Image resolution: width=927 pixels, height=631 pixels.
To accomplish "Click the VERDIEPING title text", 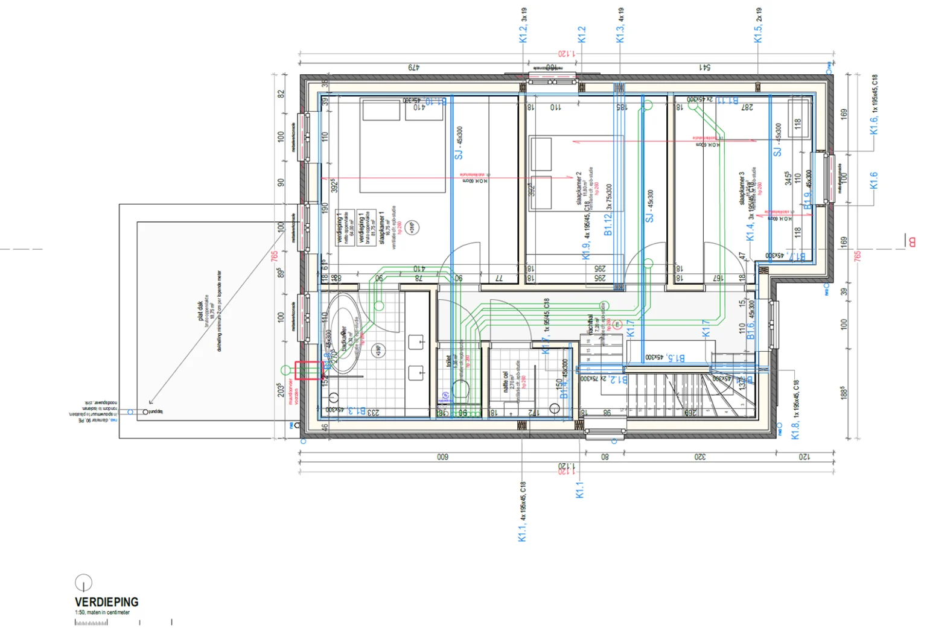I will tap(106, 601).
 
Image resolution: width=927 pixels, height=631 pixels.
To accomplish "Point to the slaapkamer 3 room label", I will tap(742, 188).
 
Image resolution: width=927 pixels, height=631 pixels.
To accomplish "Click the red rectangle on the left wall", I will tap(308, 370).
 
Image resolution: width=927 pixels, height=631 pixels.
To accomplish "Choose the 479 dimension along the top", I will tap(413, 67).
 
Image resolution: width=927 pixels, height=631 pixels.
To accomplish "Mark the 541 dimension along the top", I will tap(704, 67).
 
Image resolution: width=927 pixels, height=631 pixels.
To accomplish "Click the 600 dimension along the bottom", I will tap(442, 457).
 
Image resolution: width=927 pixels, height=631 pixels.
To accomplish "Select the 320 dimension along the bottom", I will tap(699, 457).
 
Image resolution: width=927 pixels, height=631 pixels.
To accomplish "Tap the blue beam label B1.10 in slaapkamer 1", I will tap(436, 101).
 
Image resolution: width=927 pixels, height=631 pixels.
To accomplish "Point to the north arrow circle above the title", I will tap(83, 582).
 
